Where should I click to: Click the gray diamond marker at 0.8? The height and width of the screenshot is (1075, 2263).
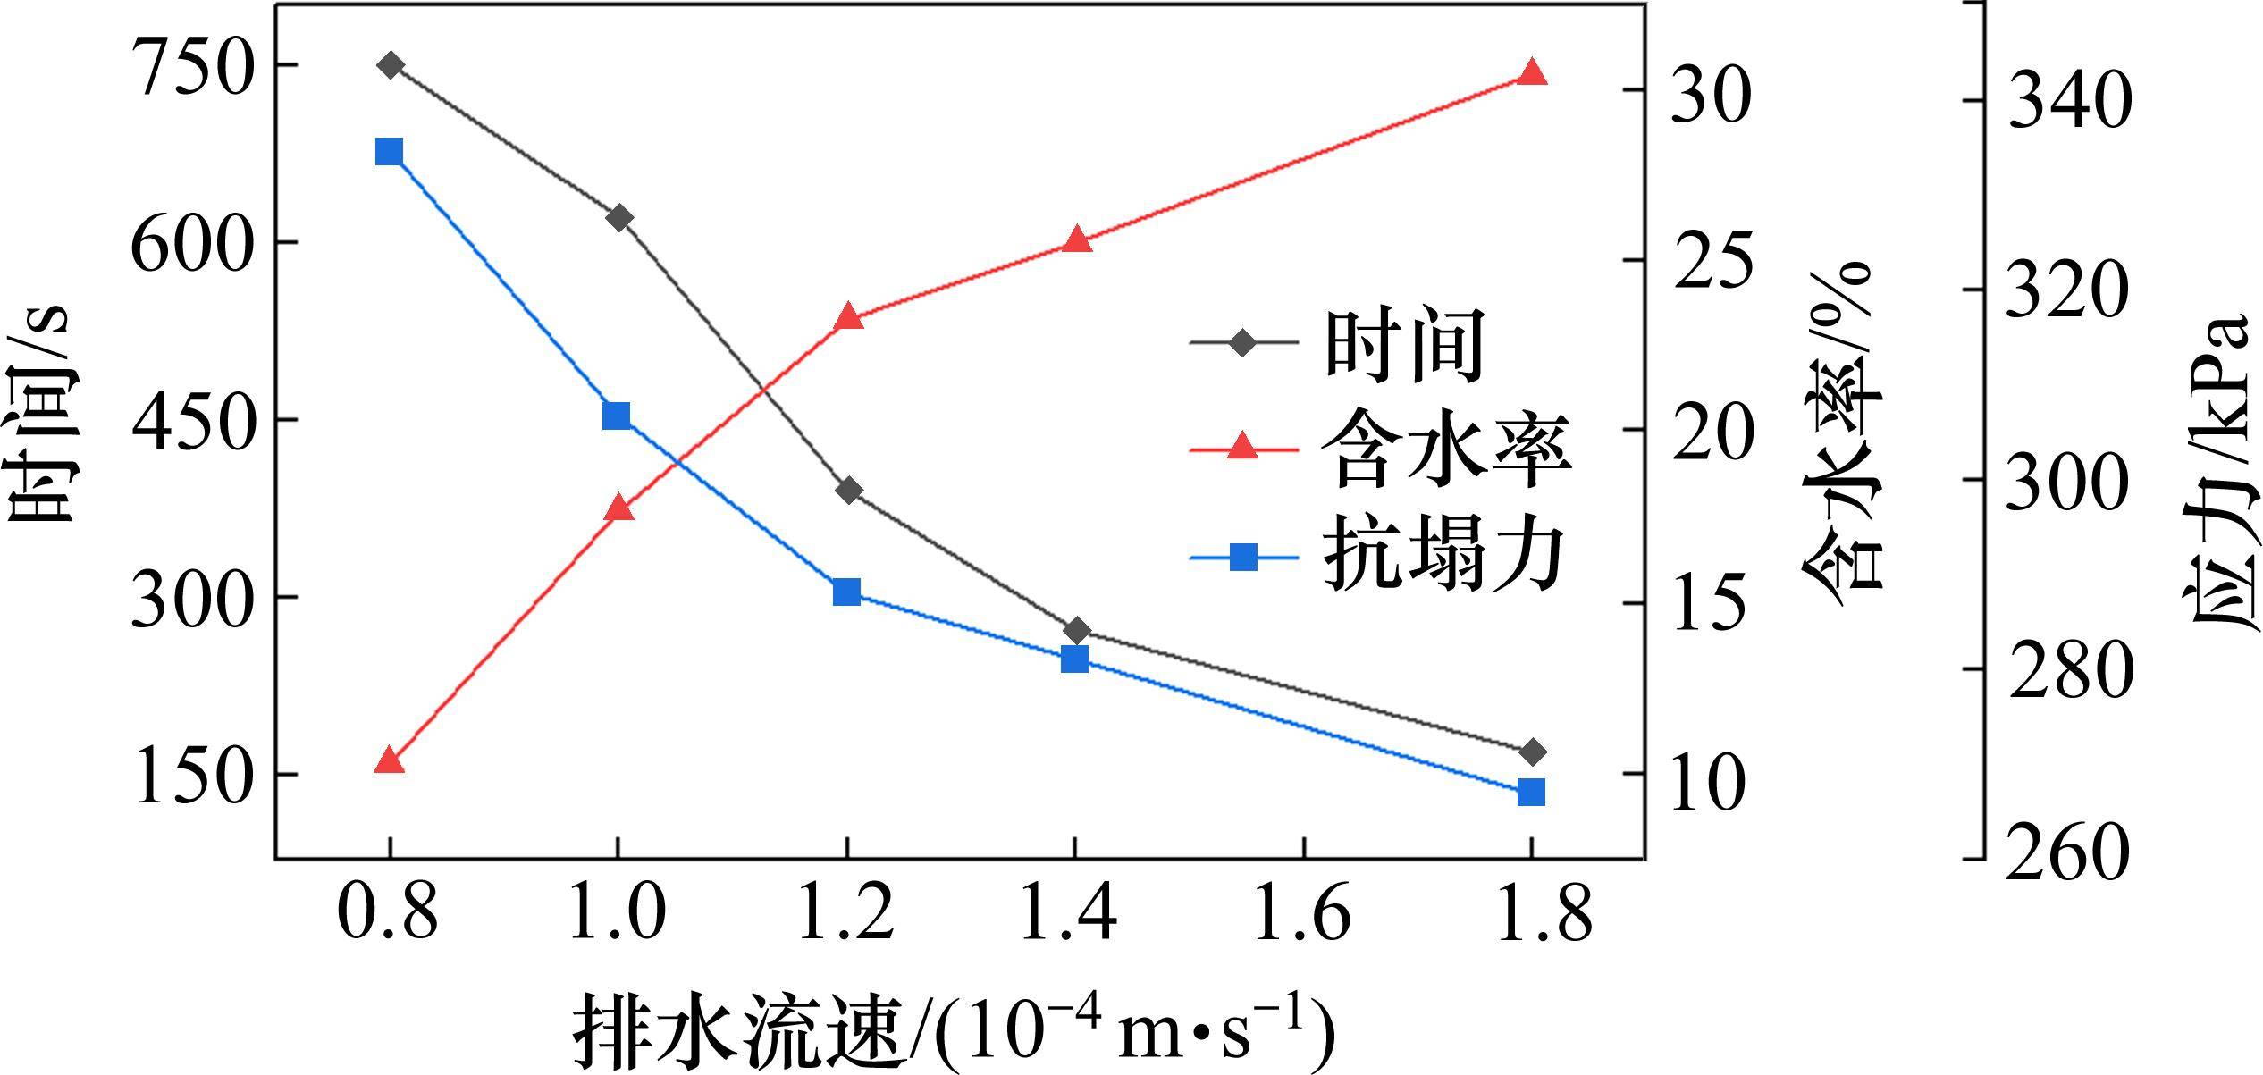[x=391, y=65]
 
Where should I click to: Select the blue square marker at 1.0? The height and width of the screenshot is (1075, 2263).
[x=617, y=416]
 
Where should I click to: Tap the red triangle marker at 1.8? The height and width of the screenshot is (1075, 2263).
[x=1532, y=73]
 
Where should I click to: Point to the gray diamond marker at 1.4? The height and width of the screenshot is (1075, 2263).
[x=1076, y=631]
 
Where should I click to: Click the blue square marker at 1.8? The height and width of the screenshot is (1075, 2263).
[x=1531, y=792]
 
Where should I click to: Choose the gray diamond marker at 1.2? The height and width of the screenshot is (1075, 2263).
[x=849, y=490]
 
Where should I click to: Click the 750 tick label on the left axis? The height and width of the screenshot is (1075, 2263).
[x=188, y=68]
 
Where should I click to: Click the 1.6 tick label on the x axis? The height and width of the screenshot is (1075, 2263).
[x=1303, y=914]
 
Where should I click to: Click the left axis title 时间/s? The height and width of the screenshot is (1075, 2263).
[x=40, y=416]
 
